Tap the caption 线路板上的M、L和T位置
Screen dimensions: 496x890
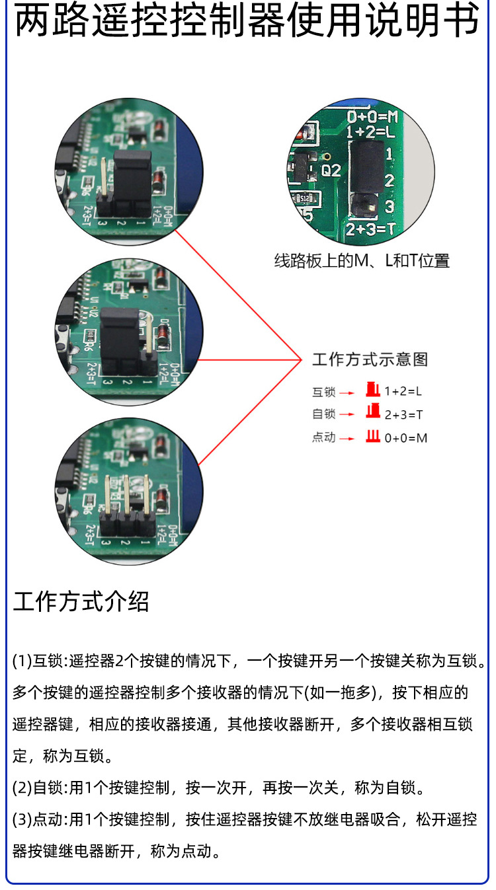(x=362, y=261)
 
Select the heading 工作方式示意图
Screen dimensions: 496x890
(x=370, y=359)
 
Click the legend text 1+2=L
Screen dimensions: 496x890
(x=403, y=391)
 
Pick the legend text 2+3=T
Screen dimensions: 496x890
(x=403, y=414)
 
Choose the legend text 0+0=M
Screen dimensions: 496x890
(x=405, y=437)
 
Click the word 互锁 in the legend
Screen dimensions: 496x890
(x=324, y=392)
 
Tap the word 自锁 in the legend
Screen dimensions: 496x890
(x=324, y=414)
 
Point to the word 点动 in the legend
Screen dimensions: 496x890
(x=324, y=437)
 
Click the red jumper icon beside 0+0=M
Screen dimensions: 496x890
(x=373, y=437)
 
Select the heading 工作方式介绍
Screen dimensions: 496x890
(x=81, y=602)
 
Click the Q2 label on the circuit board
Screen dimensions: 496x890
(x=331, y=170)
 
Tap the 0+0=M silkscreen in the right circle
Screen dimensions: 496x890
(x=373, y=117)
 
